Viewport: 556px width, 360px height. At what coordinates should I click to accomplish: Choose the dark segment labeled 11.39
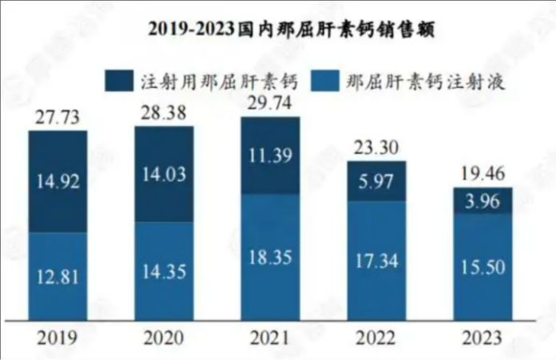270,155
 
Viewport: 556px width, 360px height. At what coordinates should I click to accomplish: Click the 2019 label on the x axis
58,338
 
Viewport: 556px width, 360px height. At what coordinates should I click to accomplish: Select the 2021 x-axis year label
270,338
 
